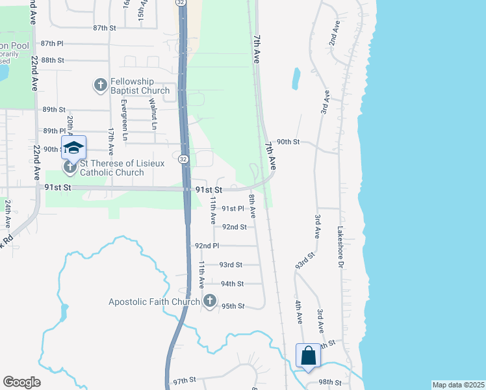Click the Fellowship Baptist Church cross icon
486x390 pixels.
(x=101, y=85)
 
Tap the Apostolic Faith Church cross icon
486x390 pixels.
(x=209, y=301)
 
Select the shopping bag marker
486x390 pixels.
(x=308, y=356)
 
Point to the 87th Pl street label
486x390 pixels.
(x=52, y=43)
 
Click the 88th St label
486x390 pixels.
(x=52, y=60)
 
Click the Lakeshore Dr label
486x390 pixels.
(x=339, y=246)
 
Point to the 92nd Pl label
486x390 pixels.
(x=207, y=246)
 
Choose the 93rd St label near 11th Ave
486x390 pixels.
(x=231, y=265)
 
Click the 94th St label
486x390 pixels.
(x=232, y=284)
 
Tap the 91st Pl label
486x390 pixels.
(x=233, y=209)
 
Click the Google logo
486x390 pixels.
(x=21, y=382)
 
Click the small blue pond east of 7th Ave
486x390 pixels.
(x=296, y=78)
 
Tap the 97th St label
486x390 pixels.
(x=185, y=380)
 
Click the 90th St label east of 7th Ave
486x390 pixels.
(x=288, y=142)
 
